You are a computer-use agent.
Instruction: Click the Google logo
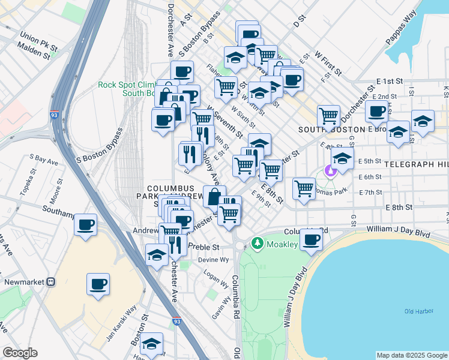click(x=20, y=353)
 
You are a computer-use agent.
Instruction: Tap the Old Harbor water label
click(x=418, y=311)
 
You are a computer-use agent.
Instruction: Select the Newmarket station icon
click(x=51, y=281)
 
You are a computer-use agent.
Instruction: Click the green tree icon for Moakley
click(x=258, y=243)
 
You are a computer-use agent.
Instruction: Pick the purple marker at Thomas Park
click(x=330, y=171)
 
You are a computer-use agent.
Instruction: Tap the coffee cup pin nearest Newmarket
click(x=98, y=284)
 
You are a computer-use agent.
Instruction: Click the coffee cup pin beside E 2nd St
click(x=377, y=111)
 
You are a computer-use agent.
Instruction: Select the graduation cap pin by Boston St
click(x=152, y=344)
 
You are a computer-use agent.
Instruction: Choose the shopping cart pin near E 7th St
click(x=304, y=188)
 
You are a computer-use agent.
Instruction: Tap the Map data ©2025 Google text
click(x=412, y=355)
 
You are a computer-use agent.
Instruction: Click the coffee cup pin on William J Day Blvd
click(x=311, y=239)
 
